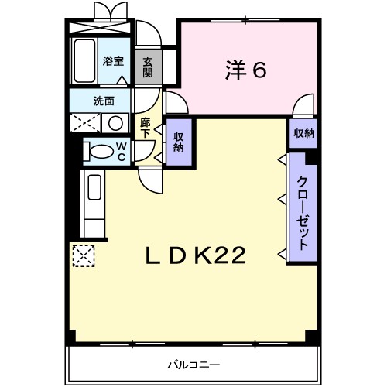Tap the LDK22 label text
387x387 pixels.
tap(197, 255)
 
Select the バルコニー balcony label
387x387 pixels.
tap(193, 364)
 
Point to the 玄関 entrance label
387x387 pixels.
tap(147, 67)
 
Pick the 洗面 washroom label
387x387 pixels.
tap(104, 101)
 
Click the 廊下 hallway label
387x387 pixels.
tap(145, 128)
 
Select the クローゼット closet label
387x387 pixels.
tap(303, 209)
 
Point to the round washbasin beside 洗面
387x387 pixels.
tap(115, 123)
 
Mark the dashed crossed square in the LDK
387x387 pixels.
tap(82, 255)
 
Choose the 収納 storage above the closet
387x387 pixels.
tap(303, 133)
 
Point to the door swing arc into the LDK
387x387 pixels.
tap(150, 176)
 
